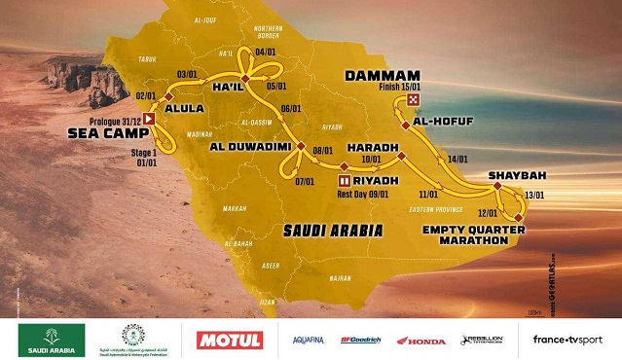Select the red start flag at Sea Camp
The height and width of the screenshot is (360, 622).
point(149,118)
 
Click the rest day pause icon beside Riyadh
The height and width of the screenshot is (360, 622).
point(344,180)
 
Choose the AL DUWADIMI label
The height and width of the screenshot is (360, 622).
point(250,147)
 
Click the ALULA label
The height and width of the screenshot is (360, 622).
point(185,110)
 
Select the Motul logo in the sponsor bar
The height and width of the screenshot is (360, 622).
point(229,340)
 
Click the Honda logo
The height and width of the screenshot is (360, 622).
point(399,341)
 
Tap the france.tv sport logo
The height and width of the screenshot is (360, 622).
point(567,340)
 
